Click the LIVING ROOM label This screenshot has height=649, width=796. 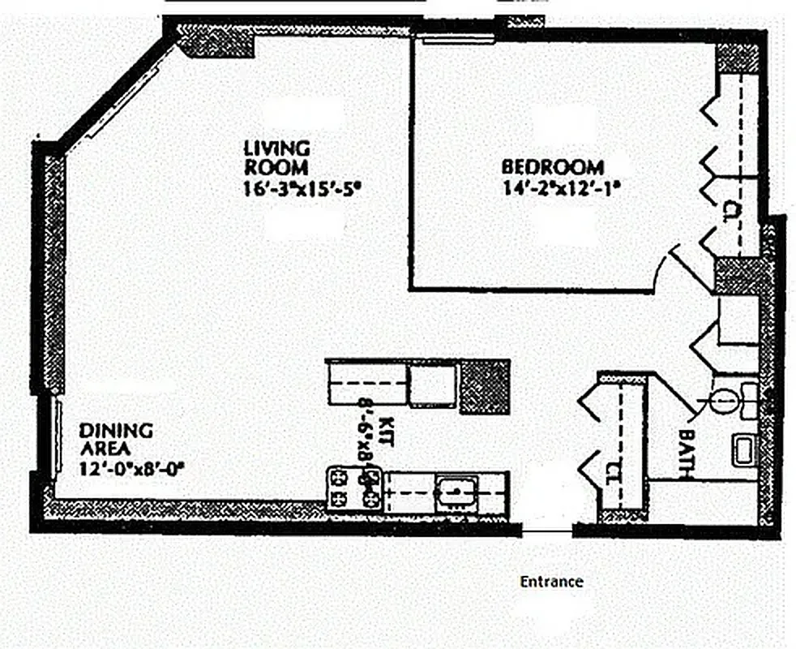coord(276,158)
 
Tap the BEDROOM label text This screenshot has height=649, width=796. coord(553,167)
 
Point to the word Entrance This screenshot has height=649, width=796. coord(551,582)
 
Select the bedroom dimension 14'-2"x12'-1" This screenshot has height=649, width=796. coord(560,192)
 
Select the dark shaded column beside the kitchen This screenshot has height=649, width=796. coord(485,387)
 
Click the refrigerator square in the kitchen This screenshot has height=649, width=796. coord(431,383)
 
